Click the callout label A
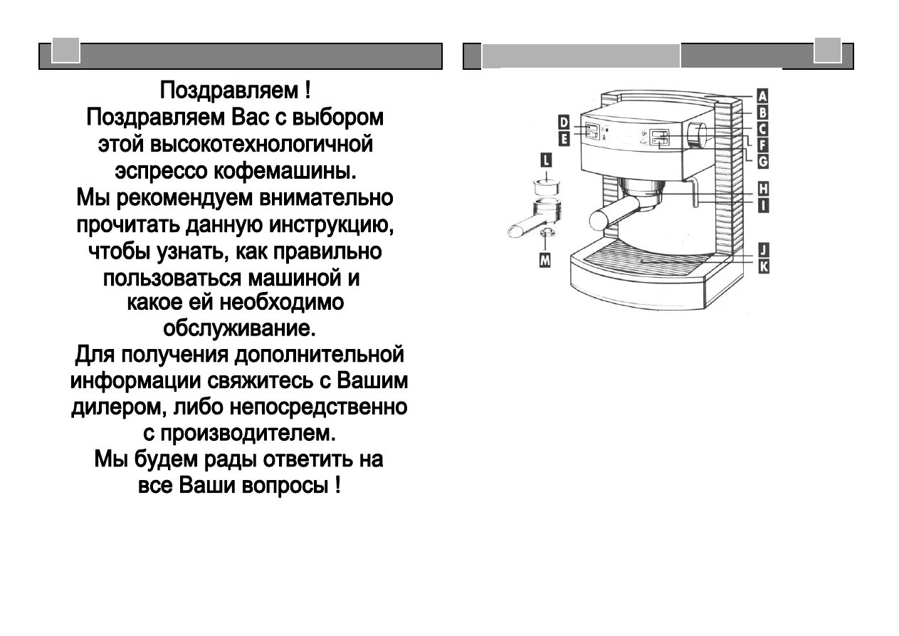(762, 96)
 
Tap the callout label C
(762, 129)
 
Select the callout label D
(563, 122)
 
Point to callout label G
(762, 161)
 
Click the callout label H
(763, 189)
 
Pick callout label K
(763, 266)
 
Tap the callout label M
(545, 261)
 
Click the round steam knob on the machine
(697, 135)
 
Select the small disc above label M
(546, 232)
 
